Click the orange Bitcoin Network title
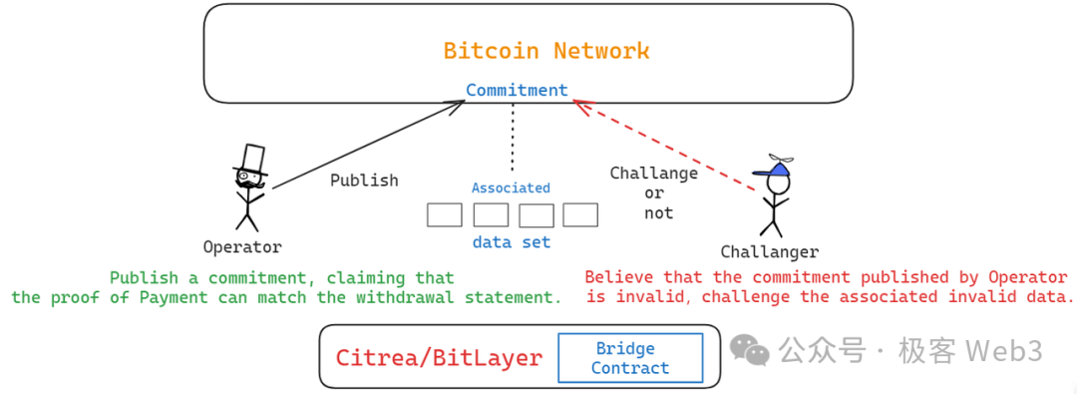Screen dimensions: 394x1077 [545, 51]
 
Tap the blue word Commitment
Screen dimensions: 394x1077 [517, 90]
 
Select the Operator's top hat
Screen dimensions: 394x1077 [250, 160]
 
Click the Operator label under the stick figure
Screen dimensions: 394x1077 [242, 246]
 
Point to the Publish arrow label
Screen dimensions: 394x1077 [364, 181]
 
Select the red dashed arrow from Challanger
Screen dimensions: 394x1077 [663, 143]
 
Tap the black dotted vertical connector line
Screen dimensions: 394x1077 [513, 135]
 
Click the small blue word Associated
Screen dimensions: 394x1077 [511, 188]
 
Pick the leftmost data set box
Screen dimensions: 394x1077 [444, 214]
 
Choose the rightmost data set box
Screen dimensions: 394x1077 [580, 214]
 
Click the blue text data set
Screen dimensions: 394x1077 [511, 241]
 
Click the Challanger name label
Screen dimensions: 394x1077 [769, 252]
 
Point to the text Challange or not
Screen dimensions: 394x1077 [654, 193]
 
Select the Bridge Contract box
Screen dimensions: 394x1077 [629, 358]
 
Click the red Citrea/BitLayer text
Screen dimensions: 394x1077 [439, 358]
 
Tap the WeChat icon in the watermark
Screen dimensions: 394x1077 [751, 349]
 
